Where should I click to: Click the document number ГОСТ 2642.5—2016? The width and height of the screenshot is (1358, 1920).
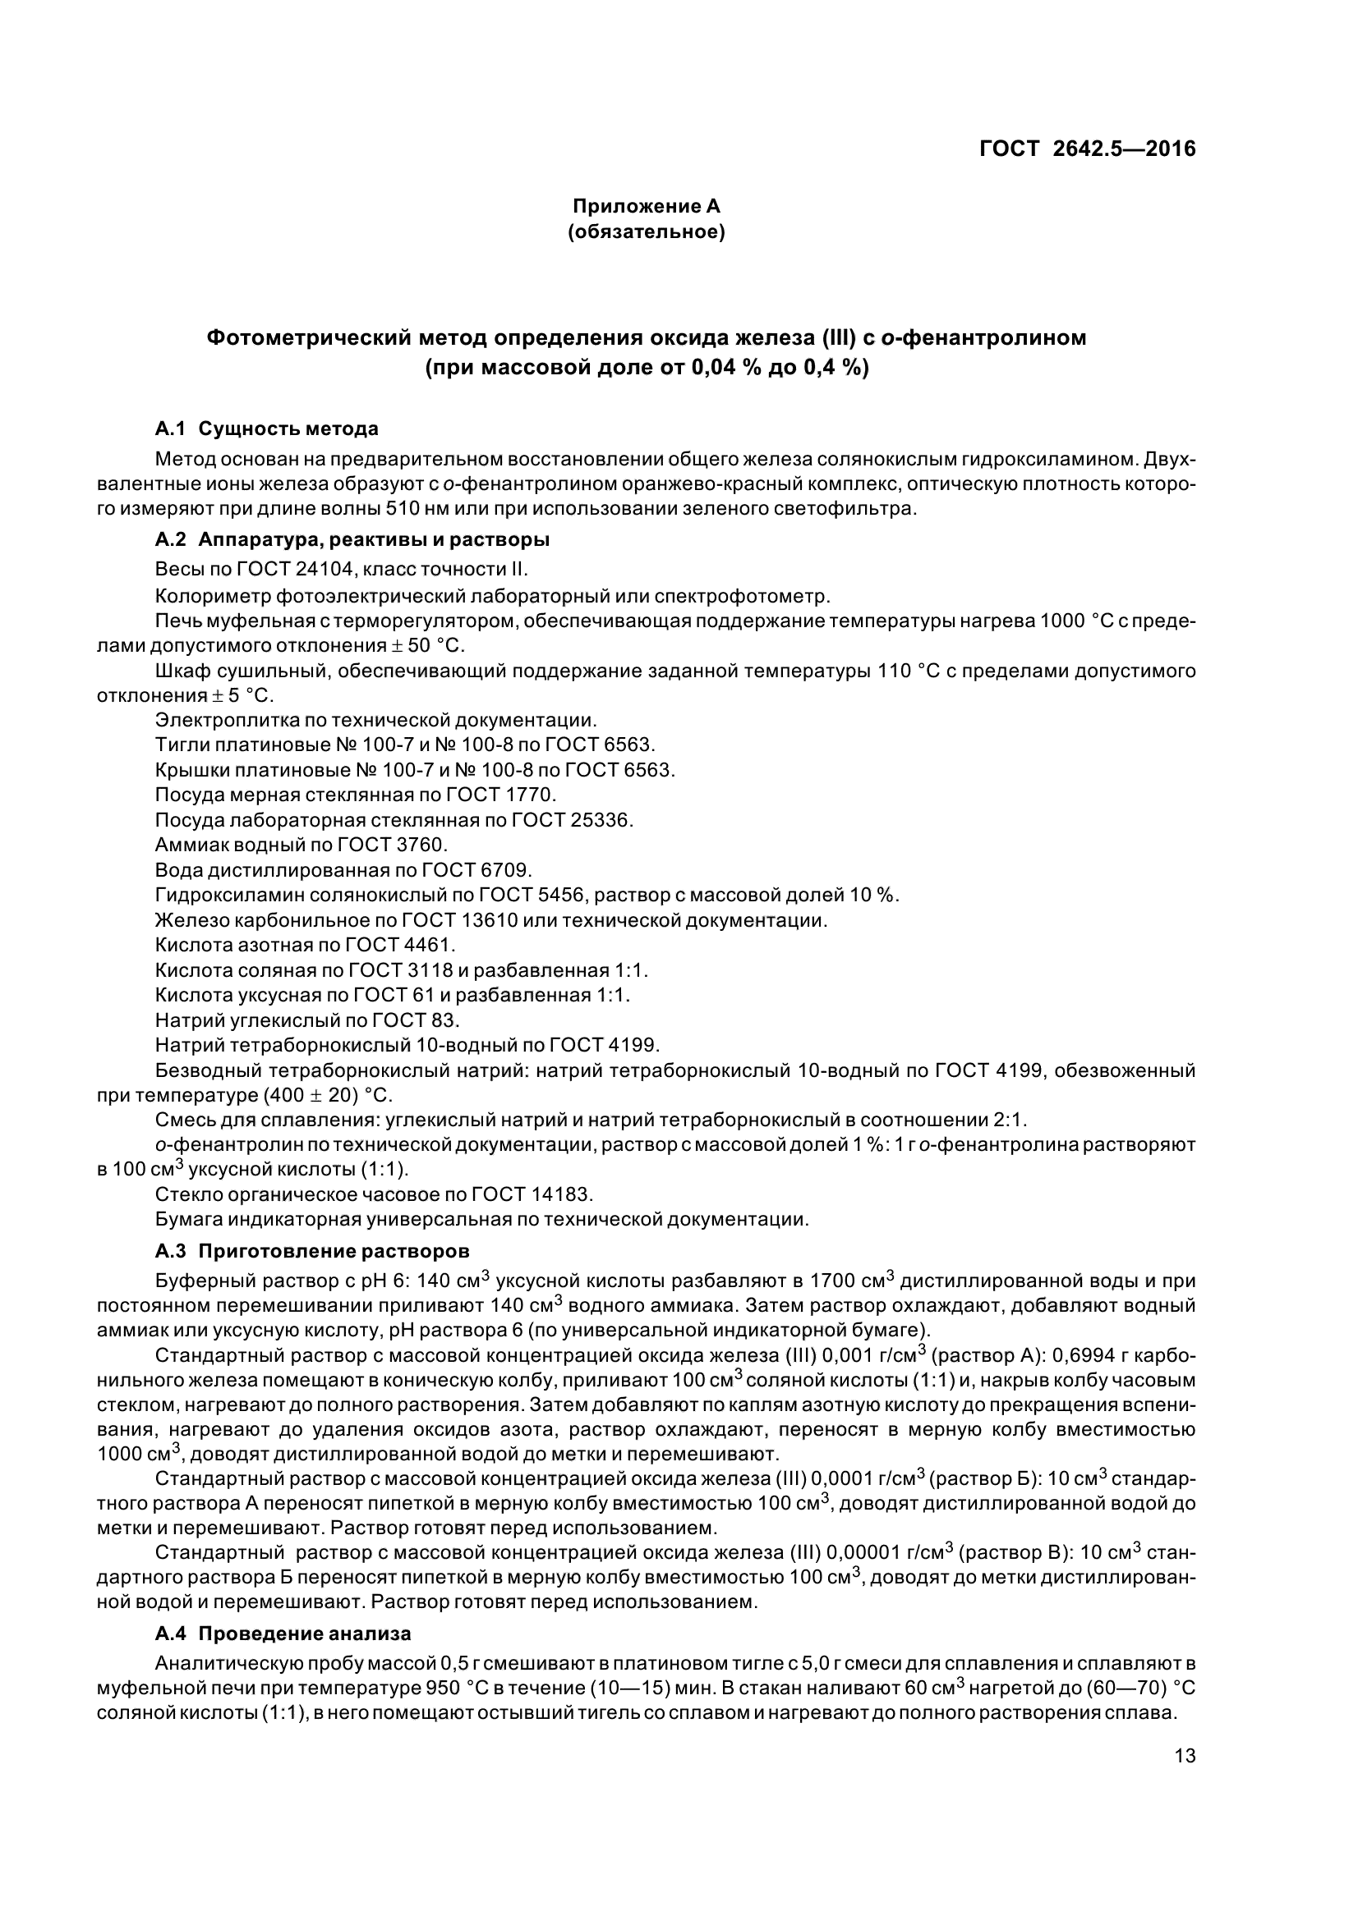click(x=1087, y=149)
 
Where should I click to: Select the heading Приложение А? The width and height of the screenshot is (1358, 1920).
click(x=646, y=206)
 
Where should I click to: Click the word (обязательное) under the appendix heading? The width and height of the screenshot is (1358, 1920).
click(x=646, y=231)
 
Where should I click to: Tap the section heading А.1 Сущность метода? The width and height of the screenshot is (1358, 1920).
click(x=266, y=429)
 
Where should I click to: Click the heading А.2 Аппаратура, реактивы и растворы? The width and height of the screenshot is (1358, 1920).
click(x=352, y=539)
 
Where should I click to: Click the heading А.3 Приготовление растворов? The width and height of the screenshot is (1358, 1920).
click(x=312, y=1251)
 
